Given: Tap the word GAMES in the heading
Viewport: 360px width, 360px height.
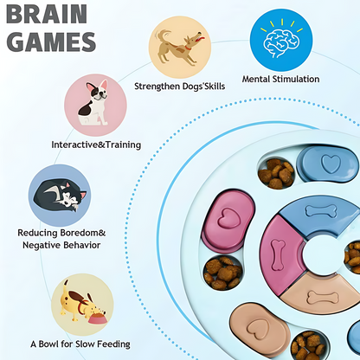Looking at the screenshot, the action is (x=51, y=42).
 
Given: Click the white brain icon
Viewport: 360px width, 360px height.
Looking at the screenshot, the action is (x=280, y=42).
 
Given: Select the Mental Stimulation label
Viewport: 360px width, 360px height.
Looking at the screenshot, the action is (x=280, y=79).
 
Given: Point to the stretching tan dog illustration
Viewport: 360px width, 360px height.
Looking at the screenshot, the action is (x=179, y=46).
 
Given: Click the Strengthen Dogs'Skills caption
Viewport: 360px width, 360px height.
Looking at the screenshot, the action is (x=179, y=86).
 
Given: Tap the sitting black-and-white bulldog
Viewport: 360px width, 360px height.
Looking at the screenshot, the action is (x=93, y=103).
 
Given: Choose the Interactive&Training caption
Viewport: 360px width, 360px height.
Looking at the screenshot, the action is (x=96, y=145).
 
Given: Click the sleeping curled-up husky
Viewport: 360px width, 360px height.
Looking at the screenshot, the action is (x=60, y=196).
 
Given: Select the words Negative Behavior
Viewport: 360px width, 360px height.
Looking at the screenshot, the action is (x=61, y=245).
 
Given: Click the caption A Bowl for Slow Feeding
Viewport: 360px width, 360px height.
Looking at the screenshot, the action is (x=80, y=344).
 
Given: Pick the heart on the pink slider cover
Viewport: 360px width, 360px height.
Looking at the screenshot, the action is (x=228, y=218).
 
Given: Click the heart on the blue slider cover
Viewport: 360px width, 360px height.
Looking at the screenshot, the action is (x=331, y=164).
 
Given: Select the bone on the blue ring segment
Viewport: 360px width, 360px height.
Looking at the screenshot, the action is (x=321, y=211).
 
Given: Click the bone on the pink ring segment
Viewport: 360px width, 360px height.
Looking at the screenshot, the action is (x=278, y=254).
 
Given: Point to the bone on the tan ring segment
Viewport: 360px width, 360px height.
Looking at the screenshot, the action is (x=323, y=298).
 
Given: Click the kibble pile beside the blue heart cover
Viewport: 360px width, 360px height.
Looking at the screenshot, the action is (x=276, y=174).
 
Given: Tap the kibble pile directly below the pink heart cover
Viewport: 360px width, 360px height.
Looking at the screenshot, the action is (x=223, y=273).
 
